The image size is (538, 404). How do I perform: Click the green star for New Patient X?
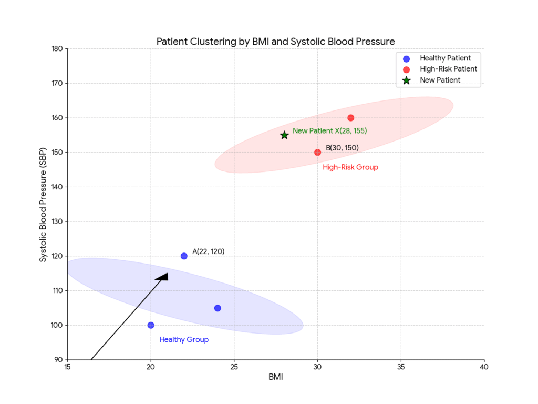point(284,135)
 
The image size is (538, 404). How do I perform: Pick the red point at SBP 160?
point(351,118)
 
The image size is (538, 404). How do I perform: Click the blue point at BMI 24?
point(218,308)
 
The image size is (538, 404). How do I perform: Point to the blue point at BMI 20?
point(151,325)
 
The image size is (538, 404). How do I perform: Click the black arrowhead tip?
point(168,274)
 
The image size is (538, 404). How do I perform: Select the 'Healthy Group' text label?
point(184,340)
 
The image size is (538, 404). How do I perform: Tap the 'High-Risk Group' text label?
point(350,167)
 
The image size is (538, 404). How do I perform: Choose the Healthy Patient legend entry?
point(445,58)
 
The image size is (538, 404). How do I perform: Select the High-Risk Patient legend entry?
point(448,69)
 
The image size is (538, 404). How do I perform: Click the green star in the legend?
point(406,80)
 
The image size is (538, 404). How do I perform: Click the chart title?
point(276,41)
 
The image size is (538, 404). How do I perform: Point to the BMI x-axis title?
point(276,377)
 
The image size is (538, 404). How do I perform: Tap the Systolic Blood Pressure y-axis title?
point(44,204)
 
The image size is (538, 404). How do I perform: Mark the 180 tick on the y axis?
point(56,49)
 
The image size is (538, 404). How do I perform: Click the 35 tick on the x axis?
point(401,366)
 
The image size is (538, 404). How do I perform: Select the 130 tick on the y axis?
point(56,221)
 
